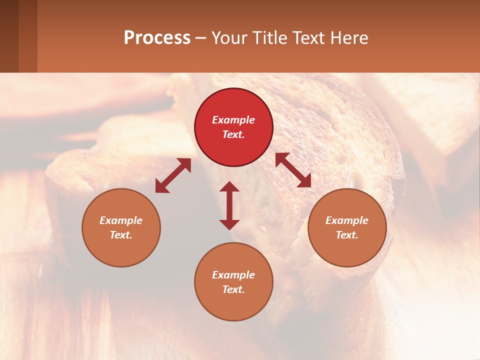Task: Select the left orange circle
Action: coord(121,227)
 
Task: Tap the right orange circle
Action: coord(347,227)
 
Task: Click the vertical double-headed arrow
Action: coord(229,205)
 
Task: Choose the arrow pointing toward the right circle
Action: coord(293,170)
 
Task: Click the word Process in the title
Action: coord(157,38)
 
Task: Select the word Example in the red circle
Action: coord(233,120)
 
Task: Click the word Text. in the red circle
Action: coord(233,134)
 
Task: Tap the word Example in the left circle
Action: coord(121,220)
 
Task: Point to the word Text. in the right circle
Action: coord(347,235)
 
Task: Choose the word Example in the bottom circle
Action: coord(233,275)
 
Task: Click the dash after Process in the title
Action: coord(200,38)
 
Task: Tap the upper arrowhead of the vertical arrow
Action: coord(229,186)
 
